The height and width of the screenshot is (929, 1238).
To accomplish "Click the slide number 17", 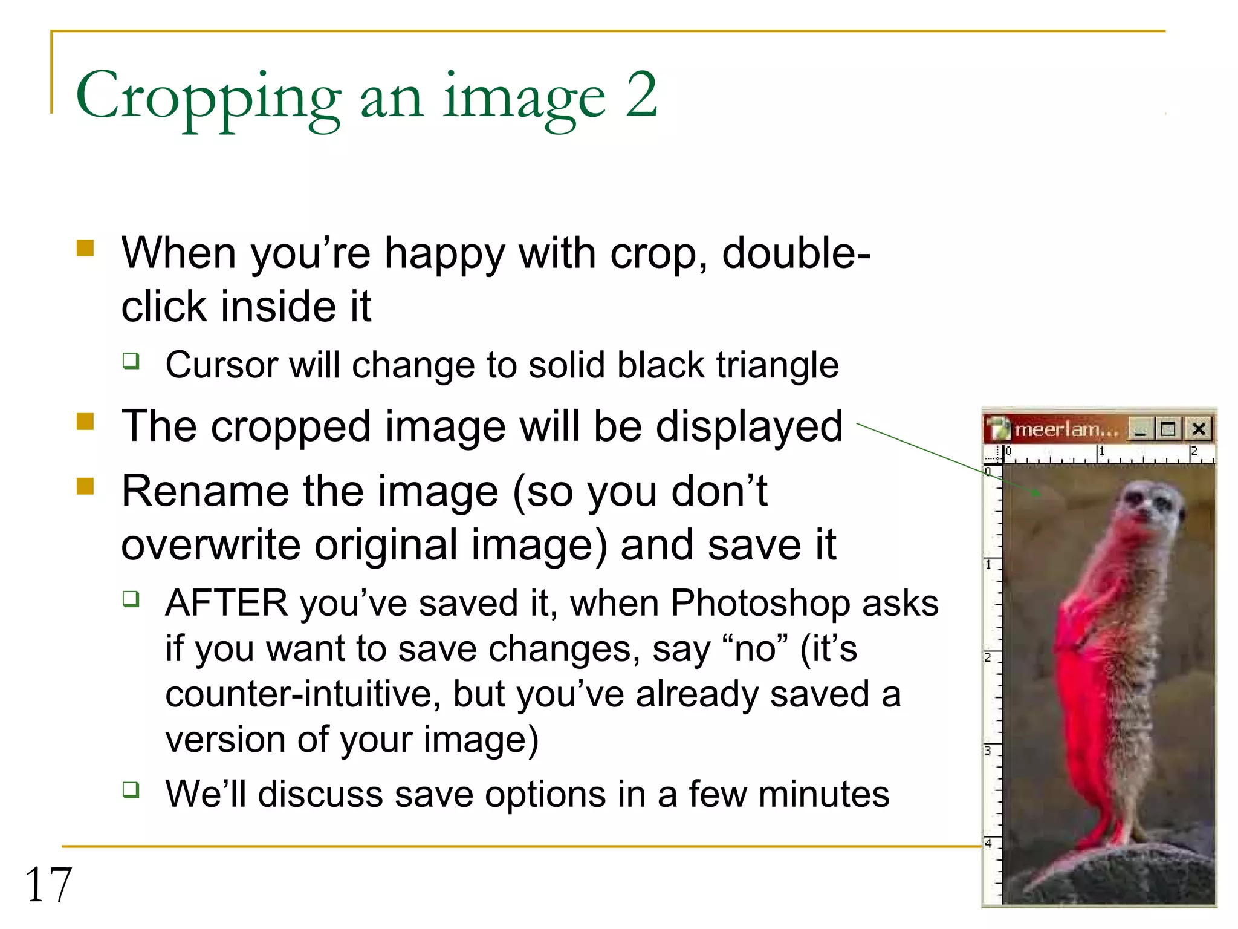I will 48,884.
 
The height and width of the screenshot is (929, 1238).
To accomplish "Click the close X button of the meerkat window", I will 1199,429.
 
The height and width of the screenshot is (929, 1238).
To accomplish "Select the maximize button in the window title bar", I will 1168,429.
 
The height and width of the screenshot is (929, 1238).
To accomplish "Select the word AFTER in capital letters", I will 227,603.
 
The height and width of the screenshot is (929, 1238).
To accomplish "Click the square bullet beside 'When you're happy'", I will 85,249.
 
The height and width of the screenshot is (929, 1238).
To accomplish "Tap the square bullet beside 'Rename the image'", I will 85,486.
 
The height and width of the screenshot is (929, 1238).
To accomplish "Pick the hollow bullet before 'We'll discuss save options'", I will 131,789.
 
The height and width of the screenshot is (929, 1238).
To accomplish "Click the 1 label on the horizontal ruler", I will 1101,451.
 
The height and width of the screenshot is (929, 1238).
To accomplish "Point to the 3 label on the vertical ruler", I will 988,751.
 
